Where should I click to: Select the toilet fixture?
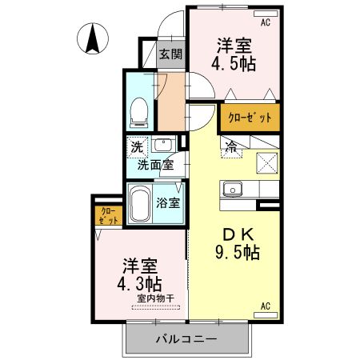coord(139,112)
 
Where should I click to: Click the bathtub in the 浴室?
coord(142,205)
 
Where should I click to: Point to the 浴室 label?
coord(168,202)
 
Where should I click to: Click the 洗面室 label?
coord(155,166)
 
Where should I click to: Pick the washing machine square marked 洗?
coord(137,147)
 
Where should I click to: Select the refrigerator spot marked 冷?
coord(231,146)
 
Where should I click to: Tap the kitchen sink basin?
coord(234,190)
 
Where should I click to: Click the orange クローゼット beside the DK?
coord(250,118)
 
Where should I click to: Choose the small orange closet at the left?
coord(106,215)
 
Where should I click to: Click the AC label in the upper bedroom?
coord(265,22)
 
